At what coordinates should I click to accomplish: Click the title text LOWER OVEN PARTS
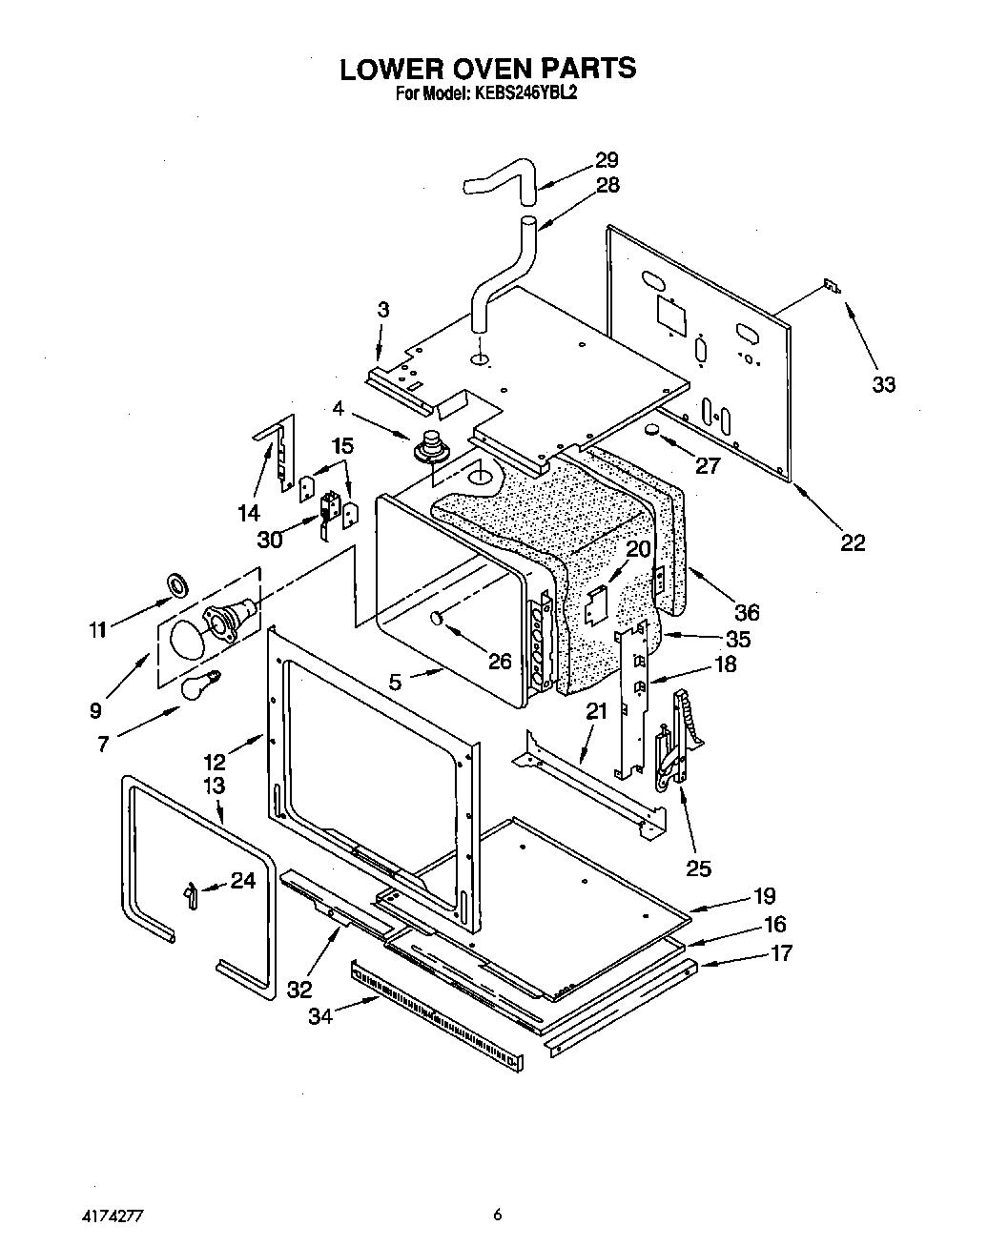click(487, 69)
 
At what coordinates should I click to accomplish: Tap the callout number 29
click(607, 160)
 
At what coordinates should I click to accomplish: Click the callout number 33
click(884, 384)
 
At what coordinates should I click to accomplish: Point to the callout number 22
click(853, 541)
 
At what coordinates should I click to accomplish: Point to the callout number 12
click(214, 761)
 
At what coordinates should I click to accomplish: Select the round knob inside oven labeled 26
click(439, 618)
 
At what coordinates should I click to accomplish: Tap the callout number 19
click(764, 895)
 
